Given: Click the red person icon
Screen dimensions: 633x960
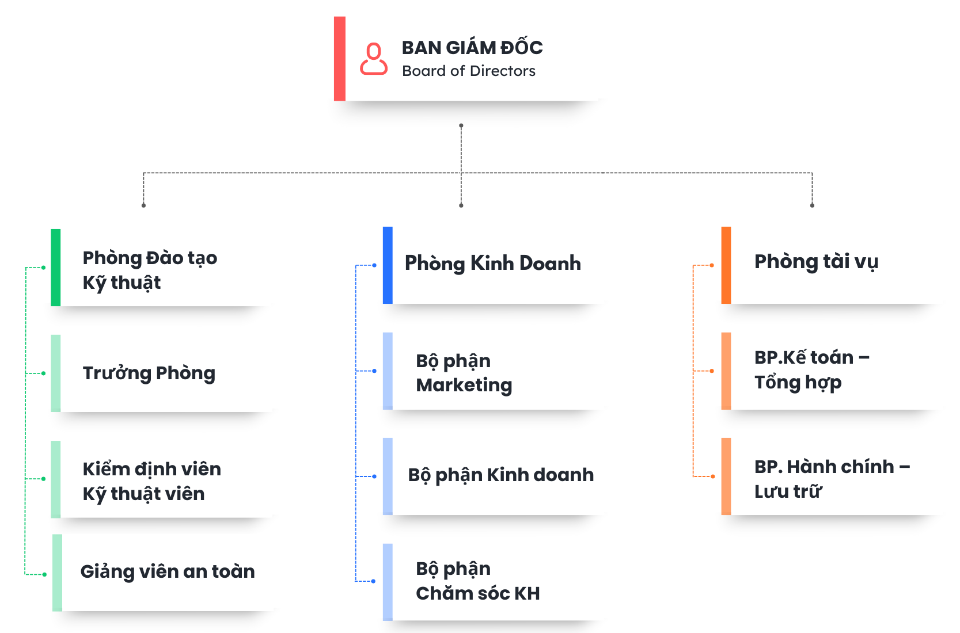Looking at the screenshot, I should click(x=374, y=59).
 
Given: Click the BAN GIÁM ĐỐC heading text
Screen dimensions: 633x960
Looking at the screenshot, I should click(x=472, y=48).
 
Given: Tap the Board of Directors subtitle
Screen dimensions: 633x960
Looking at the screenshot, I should click(x=469, y=71).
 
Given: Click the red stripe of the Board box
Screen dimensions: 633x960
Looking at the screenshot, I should click(x=340, y=59).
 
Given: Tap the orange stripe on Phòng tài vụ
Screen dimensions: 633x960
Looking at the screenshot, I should click(x=726, y=265).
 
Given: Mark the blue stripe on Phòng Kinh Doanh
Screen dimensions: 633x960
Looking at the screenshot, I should click(x=388, y=265).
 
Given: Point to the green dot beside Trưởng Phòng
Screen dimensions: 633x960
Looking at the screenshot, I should click(x=44, y=373).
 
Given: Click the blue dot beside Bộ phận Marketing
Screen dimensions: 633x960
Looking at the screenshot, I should click(x=374, y=371).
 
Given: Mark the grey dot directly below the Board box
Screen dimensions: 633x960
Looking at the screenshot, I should click(x=461, y=125).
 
